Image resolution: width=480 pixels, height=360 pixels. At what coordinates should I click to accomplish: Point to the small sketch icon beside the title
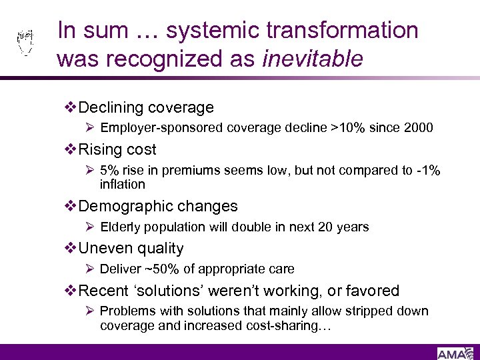click(x=25, y=43)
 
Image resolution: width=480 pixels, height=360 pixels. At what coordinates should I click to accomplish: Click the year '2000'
click(x=418, y=127)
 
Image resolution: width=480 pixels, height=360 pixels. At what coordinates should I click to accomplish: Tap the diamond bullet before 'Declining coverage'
click(x=72, y=107)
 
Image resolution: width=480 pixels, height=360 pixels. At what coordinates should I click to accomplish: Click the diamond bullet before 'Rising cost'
click(x=72, y=149)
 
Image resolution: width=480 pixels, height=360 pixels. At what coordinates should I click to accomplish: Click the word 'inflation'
click(x=122, y=184)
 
